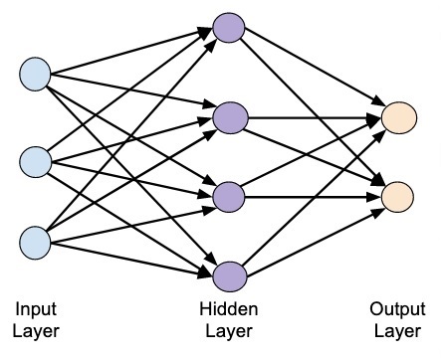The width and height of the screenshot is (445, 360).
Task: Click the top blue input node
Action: tap(35, 74)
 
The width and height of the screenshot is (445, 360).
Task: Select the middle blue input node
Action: tap(35, 159)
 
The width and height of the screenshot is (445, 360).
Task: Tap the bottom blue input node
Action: tap(35, 242)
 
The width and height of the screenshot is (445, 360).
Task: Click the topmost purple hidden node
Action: tap(230, 29)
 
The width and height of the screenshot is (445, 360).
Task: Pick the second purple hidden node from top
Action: tap(230, 115)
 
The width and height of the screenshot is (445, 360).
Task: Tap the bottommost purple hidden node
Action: tap(230, 273)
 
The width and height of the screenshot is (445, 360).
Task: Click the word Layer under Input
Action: tap(37, 330)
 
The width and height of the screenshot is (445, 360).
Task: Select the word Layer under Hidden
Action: tap(229, 330)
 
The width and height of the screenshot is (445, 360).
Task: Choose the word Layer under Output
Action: tap(396, 330)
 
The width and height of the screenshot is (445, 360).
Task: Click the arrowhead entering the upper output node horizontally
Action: tap(375, 116)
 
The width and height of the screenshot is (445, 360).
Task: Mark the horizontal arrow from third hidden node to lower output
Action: tap(309, 196)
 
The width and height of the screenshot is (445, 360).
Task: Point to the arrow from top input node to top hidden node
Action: tap(129, 53)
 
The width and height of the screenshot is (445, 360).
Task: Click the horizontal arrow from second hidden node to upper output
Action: tap(309, 116)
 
